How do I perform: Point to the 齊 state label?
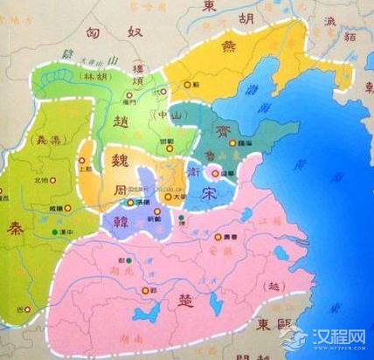tap(217, 131)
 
